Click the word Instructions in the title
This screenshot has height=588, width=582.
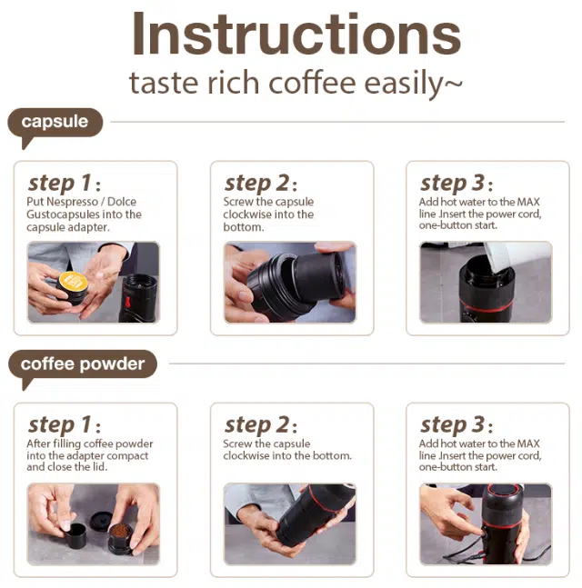pyautogui.click(x=296, y=35)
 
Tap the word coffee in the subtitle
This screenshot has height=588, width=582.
pyautogui.click(x=312, y=84)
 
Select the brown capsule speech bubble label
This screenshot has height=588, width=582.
pyautogui.click(x=55, y=124)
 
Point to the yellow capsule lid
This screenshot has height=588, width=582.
pyautogui.click(x=74, y=281)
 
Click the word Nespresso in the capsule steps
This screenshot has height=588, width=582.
pyautogui.click(x=73, y=202)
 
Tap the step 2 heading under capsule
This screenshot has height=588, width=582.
pyautogui.click(x=261, y=184)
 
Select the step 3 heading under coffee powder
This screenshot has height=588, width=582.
pyautogui.click(x=457, y=425)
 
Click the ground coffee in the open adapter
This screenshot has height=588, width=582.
pyautogui.click(x=120, y=531)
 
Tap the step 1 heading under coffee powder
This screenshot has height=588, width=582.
pyautogui.click(x=65, y=425)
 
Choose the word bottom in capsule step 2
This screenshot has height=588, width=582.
pyautogui.click(x=243, y=227)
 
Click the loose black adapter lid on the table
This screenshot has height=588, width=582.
pyautogui.click(x=101, y=519)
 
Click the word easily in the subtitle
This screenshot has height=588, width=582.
pyautogui.click(x=413, y=85)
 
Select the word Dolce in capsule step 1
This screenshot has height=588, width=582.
pyautogui.click(x=122, y=202)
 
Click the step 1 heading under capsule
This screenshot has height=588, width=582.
pyautogui.click(x=65, y=184)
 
